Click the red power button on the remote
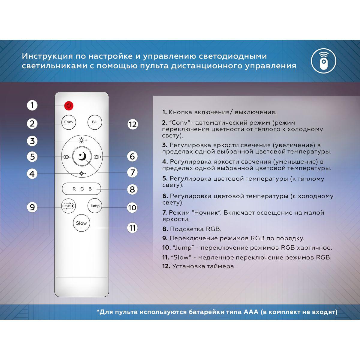pyautogui.click(x=69, y=106)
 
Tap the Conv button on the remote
pyautogui.click(x=69, y=122)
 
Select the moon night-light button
pyautogui.click(x=82, y=156)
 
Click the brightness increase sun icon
pyautogui.click(x=82, y=140)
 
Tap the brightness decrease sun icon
pyautogui.click(x=82, y=174)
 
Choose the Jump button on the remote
pyautogui.click(x=95, y=206)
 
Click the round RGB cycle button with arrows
pyautogui.click(x=69, y=206)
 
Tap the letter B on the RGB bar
pyautogui.click(x=90, y=189)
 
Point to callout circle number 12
pyautogui.click(x=133, y=124)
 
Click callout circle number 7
pyautogui.click(x=133, y=172)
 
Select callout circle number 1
pyautogui.click(x=32, y=105)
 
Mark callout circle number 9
pyautogui.click(x=32, y=207)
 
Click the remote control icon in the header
pyautogui.click(x=323, y=61)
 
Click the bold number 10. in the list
pyautogui.click(x=166, y=248)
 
